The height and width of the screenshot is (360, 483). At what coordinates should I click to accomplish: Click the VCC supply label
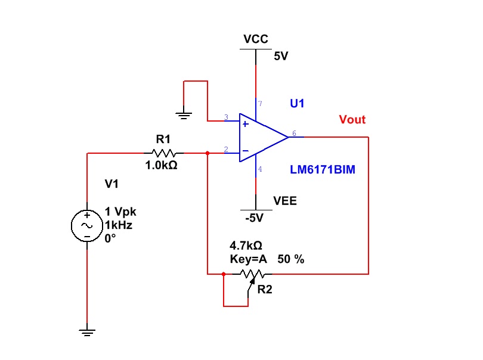click(256, 40)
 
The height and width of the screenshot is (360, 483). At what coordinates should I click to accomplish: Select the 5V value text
click(281, 57)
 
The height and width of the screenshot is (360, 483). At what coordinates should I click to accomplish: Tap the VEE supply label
click(285, 201)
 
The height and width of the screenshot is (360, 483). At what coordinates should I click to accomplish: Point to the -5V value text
click(254, 218)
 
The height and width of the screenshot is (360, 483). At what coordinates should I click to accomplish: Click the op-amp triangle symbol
click(262, 137)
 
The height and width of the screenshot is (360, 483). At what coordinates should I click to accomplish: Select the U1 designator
click(297, 104)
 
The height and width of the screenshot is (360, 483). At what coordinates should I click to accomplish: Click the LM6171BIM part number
click(323, 170)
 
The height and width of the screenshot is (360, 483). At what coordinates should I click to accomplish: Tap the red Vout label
click(352, 120)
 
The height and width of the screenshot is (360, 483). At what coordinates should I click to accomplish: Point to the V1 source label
click(112, 184)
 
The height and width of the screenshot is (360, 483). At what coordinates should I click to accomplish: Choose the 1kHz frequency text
click(119, 225)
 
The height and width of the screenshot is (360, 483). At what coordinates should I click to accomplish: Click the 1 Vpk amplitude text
click(122, 212)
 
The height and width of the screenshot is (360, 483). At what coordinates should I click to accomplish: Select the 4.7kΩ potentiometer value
click(246, 245)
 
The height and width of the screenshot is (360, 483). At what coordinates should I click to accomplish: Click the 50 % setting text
click(291, 259)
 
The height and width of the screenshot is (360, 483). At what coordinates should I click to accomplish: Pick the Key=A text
click(249, 259)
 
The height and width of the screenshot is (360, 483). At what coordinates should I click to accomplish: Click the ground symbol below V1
click(87, 331)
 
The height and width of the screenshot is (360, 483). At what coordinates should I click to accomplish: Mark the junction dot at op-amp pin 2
click(207, 153)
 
